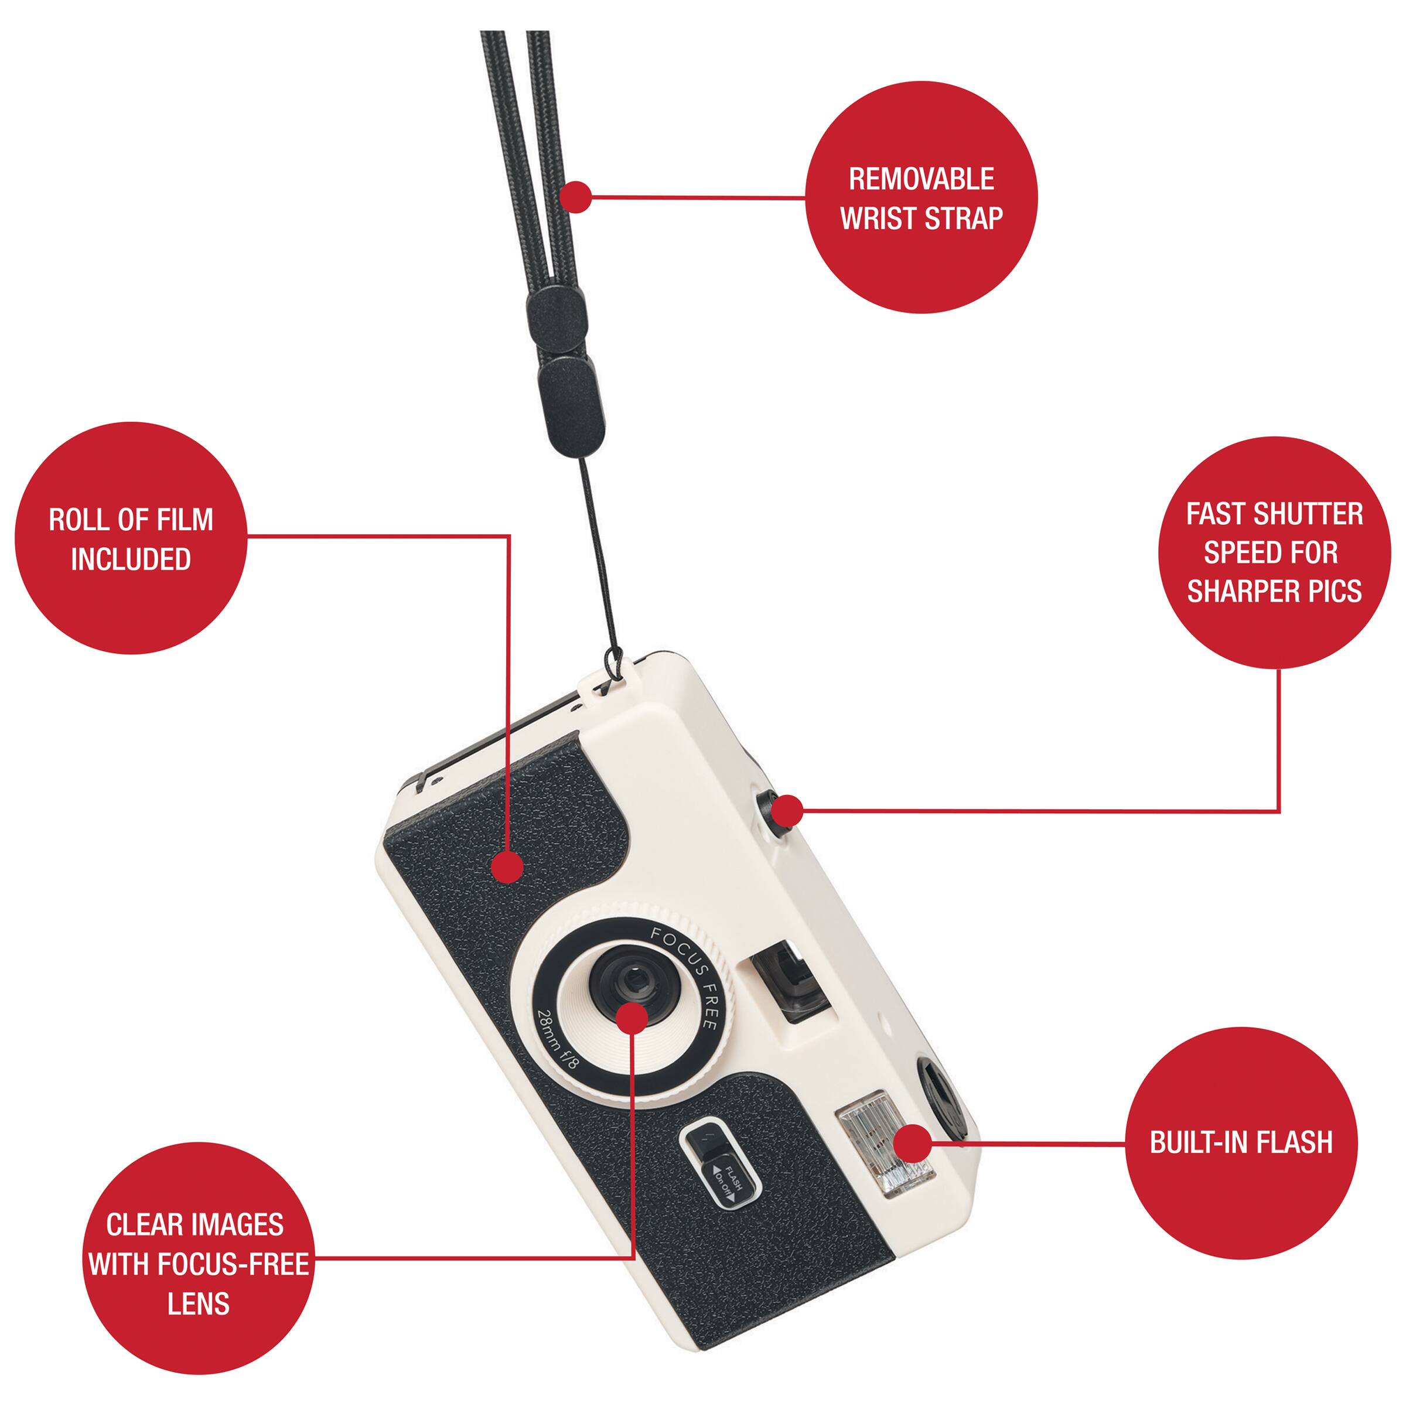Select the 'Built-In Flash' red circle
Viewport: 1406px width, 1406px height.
pyautogui.click(x=1241, y=1144)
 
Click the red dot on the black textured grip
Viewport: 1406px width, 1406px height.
pyautogui.click(x=508, y=867)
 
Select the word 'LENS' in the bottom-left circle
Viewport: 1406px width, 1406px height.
pyautogui.click(x=198, y=1282)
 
